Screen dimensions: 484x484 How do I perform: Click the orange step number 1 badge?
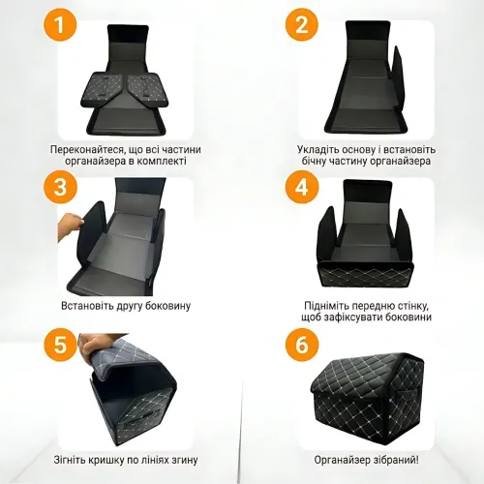pos(60,25)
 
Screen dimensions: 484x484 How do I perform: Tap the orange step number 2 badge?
pos(302,25)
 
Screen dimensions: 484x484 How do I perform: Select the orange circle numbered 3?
pos(60,187)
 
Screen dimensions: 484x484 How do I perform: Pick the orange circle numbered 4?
pos(302,187)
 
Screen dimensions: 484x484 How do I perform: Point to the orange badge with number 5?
pos(60,345)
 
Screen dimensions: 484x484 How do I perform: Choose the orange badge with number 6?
pos(302,345)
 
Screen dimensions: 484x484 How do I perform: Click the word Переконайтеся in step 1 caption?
pos(87,150)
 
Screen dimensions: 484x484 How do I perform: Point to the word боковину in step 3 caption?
pos(167,306)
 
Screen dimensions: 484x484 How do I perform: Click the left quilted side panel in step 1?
pos(102,90)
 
